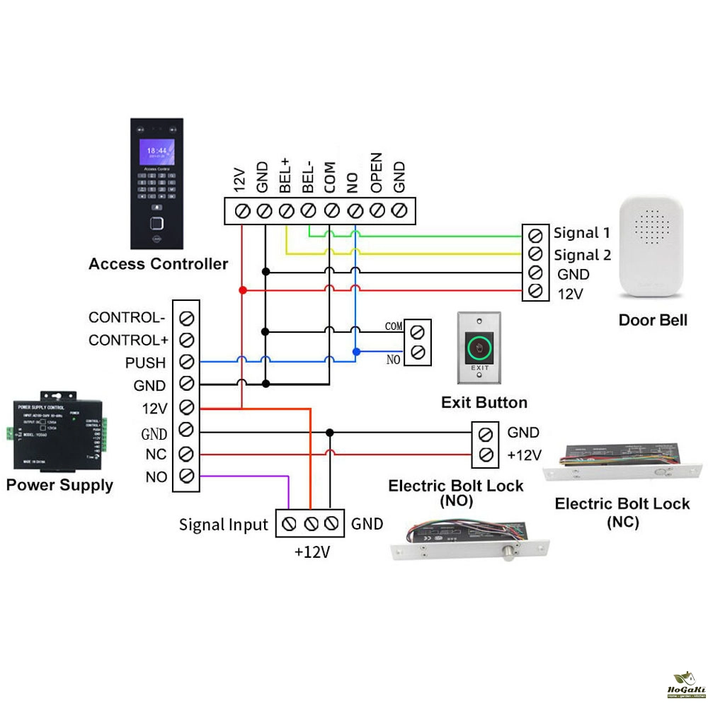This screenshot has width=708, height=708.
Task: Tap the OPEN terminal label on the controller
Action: click(377, 173)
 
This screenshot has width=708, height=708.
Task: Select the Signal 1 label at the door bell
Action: click(582, 232)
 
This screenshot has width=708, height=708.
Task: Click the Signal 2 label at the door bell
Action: click(582, 255)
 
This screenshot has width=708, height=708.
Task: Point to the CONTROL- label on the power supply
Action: click(127, 317)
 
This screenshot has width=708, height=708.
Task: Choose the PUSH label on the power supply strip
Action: click(145, 363)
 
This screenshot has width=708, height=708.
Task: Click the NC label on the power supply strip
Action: click(156, 454)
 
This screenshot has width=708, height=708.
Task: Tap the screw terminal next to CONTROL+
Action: click(187, 339)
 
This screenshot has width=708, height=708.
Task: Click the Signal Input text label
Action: click(224, 525)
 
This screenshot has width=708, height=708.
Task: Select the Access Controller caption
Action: click(158, 264)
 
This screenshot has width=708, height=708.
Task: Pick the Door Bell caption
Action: click(653, 320)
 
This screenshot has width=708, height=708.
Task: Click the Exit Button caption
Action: click(484, 403)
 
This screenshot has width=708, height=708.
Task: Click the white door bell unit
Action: click(653, 248)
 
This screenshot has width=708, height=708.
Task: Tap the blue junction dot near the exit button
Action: click(356, 351)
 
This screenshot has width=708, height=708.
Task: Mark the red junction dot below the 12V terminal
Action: click(242, 290)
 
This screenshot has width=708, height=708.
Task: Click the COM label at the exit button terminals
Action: click(394, 326)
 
